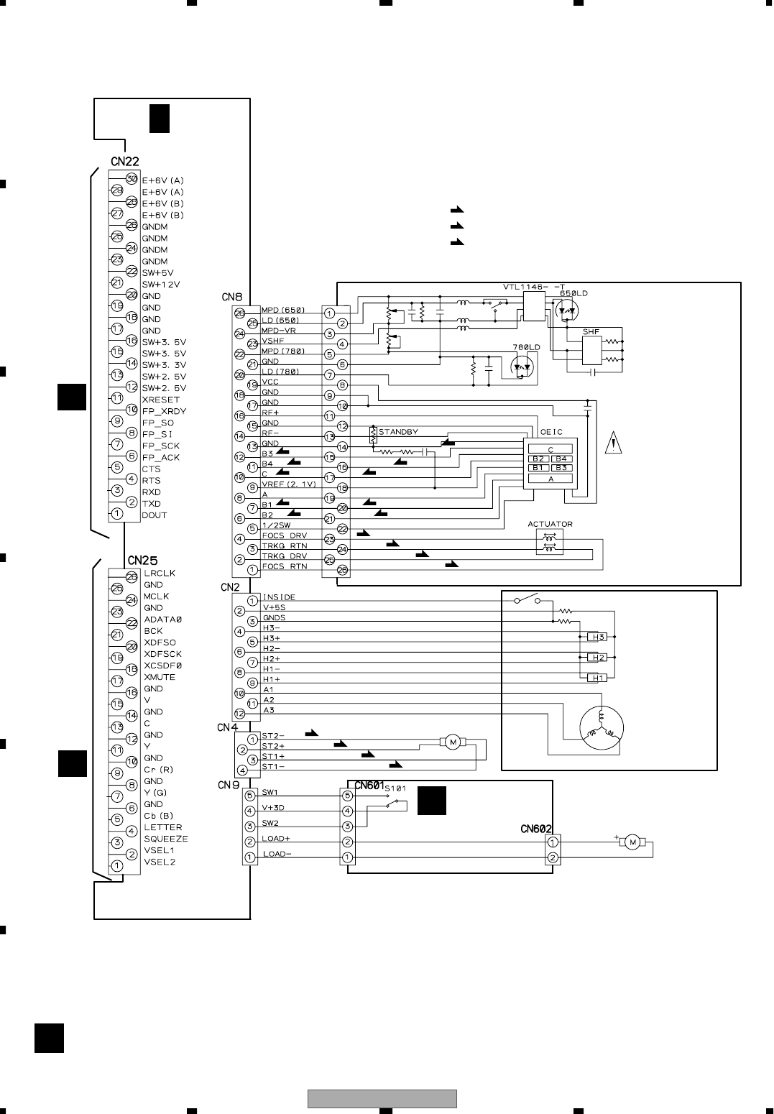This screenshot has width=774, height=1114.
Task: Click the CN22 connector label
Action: [x=124, y=162]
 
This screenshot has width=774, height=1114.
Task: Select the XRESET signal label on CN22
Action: [x=160, y=400]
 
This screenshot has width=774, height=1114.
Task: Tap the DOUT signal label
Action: [x=154, y=515]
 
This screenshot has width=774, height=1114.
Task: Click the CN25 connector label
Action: [x=142, y=560]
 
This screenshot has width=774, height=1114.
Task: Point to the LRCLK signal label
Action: [x=159, y=574]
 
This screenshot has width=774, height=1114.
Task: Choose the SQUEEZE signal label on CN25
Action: [x=165, y=839]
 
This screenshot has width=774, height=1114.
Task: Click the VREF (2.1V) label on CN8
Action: [x=288, y=484]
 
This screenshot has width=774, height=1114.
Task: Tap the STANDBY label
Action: [x=398, y=432]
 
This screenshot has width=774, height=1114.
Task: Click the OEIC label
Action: [x=551, y=432]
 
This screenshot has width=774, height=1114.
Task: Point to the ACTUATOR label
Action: [x=550, y=524]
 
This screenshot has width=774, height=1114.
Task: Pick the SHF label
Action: [x=591, y=331]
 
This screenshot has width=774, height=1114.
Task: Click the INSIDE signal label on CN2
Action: [x=279, y=597]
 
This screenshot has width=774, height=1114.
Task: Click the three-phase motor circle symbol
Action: [x=599, y=727]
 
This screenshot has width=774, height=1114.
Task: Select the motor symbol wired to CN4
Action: [x=453, y=742]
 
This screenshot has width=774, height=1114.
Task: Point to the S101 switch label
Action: [x=395, y=788]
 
